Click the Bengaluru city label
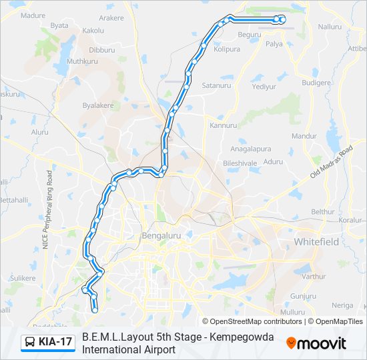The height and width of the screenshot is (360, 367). [x=162, y=236]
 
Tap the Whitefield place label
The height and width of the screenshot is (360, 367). [x=316, y=242]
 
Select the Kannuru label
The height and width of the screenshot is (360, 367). [x=223, y=125]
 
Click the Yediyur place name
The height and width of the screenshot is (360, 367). [x=264, y=87]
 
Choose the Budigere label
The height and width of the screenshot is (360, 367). [x=316, y=83]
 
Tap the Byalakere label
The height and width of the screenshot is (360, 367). [x=98, y=105]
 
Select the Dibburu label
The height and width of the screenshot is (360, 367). [x=102, y=49]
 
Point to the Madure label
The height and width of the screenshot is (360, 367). [x=33, y=15]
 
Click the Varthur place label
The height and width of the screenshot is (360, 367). [x=314, y=276]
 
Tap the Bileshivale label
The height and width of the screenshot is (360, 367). [x=240, y=162]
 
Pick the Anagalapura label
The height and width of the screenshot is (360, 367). [x=250, y=149]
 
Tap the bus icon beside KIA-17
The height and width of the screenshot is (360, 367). [x=30, y=342]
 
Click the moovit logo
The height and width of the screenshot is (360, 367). [x=316, y=343]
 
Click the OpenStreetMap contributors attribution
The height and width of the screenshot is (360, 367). [x=252, y=321]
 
